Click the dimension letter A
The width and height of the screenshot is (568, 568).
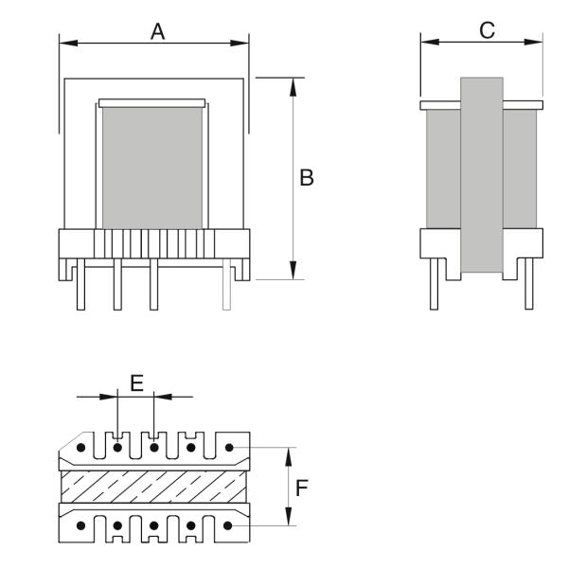tap(158, 31)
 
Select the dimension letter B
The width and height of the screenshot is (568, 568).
tap(306, 177)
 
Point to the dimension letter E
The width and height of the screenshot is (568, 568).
tap(136, 382)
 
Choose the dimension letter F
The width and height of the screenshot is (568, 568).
tap(302, 488)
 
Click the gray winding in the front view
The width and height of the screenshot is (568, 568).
tap(151, 167)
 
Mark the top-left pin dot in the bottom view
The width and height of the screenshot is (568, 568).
tap(82, 447)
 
